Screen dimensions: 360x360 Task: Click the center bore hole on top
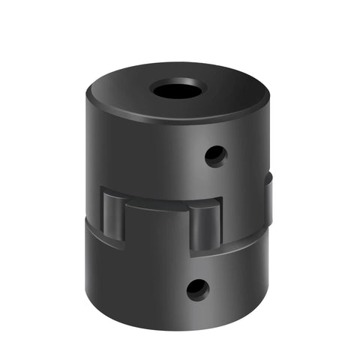[178, 89]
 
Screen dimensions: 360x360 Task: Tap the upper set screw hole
[216, 156]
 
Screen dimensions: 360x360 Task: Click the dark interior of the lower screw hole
[197, 289]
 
